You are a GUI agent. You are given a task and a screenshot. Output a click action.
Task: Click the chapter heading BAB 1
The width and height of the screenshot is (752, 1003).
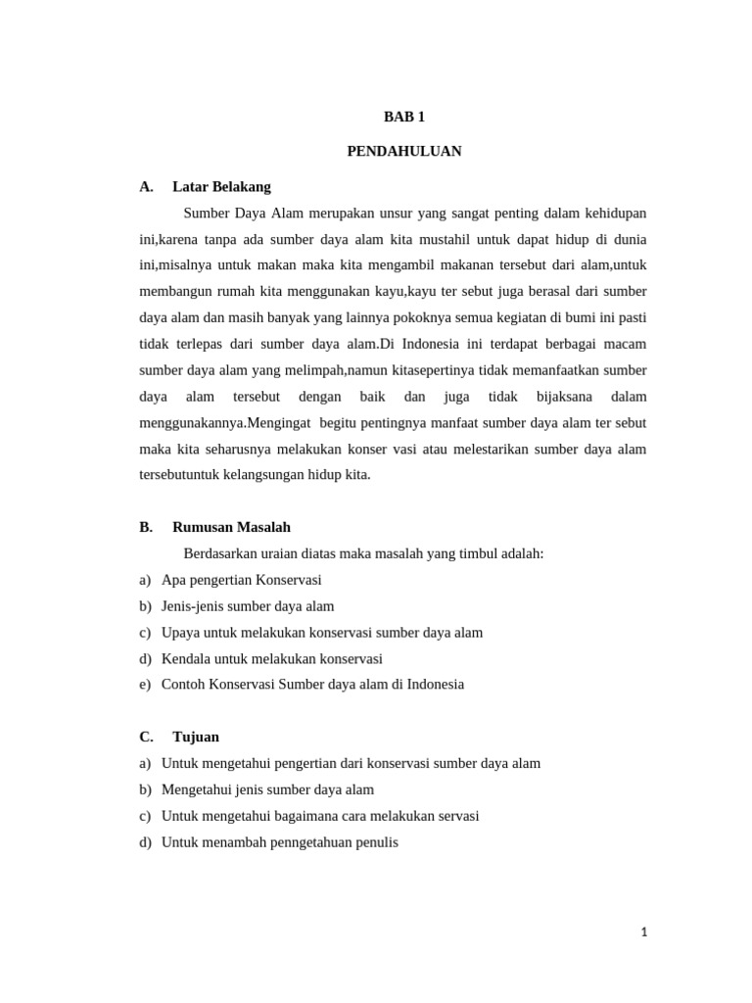[403, 117]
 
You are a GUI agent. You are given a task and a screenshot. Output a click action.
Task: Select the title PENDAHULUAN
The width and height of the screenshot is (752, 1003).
[403, 151]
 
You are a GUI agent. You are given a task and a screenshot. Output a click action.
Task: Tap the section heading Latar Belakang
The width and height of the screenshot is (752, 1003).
[221, 186]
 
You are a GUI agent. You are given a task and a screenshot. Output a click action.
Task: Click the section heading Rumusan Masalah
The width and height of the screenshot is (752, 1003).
[231, 527]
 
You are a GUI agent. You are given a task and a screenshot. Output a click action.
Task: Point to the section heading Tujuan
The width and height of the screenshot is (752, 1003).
[196, 737]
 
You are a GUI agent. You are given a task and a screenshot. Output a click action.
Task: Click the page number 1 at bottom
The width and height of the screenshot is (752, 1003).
[643, 932]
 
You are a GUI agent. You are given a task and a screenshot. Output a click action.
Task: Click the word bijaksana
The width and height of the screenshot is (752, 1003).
[564, 397]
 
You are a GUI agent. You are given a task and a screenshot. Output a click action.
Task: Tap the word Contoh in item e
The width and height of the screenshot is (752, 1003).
[183, 684]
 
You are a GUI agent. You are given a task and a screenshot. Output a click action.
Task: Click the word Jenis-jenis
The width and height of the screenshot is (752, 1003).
[194, 605]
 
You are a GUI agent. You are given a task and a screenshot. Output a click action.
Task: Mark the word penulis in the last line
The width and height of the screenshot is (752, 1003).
[376, 841]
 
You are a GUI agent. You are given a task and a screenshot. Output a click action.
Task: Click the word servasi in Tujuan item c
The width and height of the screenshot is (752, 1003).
[456, 815]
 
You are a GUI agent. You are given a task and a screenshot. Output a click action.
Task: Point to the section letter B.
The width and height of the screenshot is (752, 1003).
[146, 527]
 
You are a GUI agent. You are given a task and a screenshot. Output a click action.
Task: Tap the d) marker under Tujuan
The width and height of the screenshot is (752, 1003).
[145, 841]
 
